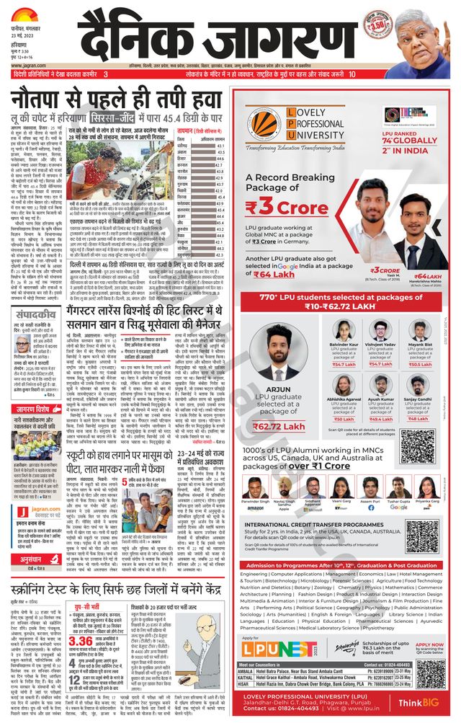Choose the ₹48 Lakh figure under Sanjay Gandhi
(x=418, y=419)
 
